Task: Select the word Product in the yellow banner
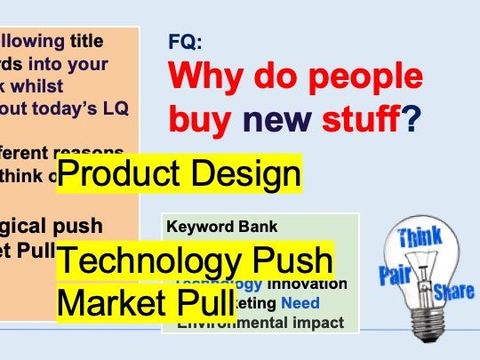click(x=116, y=175)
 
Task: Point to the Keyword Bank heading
click(x=211, y=226)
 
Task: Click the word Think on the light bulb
click(x=420, y=237)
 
